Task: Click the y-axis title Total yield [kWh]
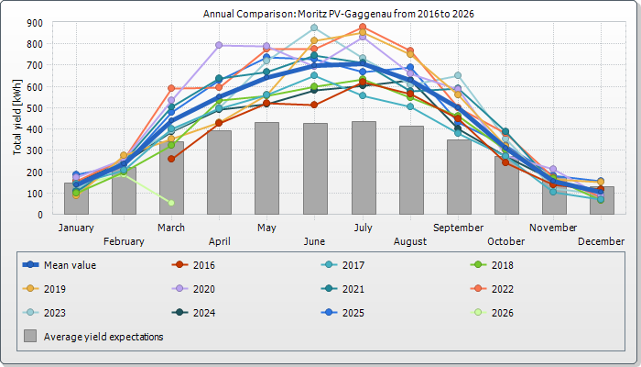tap(17, 117)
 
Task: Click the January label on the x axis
tap(76, 228)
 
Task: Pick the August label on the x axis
tap(410, 241)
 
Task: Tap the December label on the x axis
tap(601, 241)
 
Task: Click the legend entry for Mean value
tap(70, 265)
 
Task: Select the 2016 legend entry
tap(203, 265)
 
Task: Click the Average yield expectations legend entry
tap(103, 337)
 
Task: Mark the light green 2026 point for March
tap(171, 203)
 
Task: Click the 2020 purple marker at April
tap(219, 45)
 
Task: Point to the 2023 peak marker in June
tap(314, 28)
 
